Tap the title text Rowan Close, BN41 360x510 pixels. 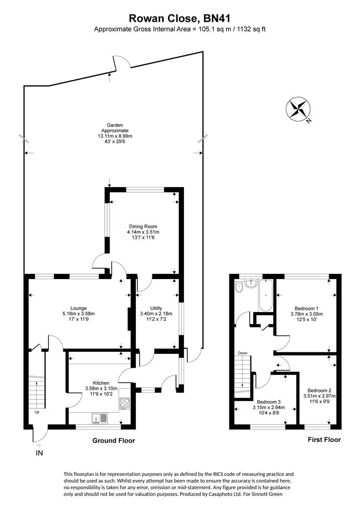click(180, 18)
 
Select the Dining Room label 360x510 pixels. click(142, 226)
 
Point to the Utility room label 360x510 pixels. click(156, 308)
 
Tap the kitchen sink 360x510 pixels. click(100, 417)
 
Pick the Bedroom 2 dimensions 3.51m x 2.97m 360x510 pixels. click(319, 396)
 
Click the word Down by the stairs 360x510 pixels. click(243, 353)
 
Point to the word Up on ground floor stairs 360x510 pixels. click(37, 412)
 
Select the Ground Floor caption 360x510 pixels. click(114, 441)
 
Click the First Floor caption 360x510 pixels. click(324, 440)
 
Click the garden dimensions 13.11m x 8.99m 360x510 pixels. click(109, 136)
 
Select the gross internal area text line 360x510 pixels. click(180, 29)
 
